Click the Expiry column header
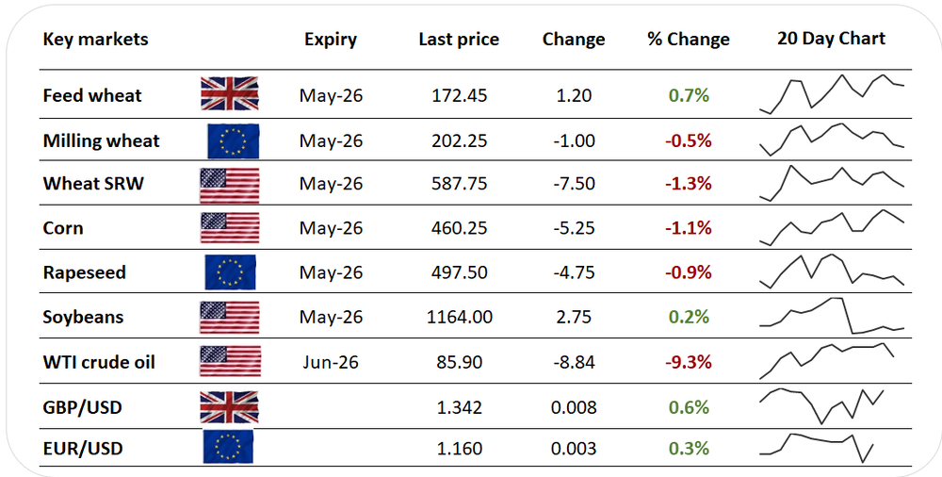point(331,40)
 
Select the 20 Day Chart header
point(831,39)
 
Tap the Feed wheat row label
point(92,95)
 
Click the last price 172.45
point(459,95)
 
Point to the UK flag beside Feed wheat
point(230,93)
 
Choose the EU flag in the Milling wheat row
point(233,140)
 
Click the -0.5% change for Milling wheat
point(688,140)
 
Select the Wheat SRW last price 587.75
point(459,184)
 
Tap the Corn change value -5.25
point(574,228)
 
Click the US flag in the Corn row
point(230,227)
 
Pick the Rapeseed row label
point(84,272)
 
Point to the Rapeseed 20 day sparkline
point(832,271)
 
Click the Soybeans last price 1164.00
point(460,317)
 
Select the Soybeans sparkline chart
point(832,316)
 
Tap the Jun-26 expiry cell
point(331,362)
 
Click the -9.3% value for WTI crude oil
point(688,362)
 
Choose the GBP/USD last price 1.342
point(459,407)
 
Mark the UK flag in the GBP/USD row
point(229,406)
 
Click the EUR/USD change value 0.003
point(574,449)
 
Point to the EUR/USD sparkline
point(817,448)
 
